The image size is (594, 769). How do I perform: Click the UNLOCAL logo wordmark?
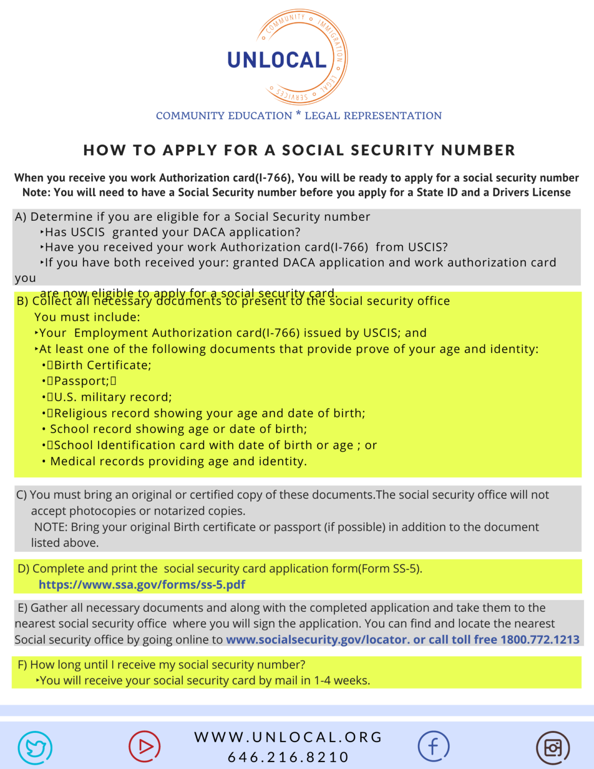(x=277, y=60)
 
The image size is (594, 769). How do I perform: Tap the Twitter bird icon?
(x=35, y=747)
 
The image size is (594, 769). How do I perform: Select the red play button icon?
(x=145, y=746)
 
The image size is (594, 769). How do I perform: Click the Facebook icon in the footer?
(x=433, y=746)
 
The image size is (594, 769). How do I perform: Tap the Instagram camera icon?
(x=553, y=748)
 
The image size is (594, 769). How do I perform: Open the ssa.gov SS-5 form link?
(x=142, y=585)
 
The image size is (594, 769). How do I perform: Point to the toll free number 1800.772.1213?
(x=540, y=640)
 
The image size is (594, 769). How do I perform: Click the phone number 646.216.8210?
(x=288, y=757)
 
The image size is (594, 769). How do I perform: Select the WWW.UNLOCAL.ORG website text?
(x=288, y=737)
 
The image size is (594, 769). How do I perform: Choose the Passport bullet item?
(x=82, y=381)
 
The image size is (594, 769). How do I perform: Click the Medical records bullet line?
(x=178, y=461)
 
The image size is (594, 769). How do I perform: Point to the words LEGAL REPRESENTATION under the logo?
(x=373, y=116)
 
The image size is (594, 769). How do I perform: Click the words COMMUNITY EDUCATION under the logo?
(x=224, y=116)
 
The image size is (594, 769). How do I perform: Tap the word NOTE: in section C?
(x=51, y=527)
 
